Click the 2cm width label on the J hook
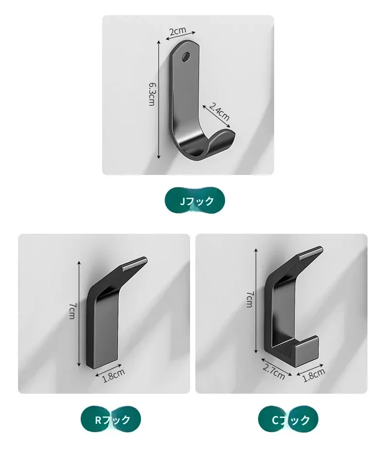pos(177,30)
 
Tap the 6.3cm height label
pos(152,94)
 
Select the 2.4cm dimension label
pos(219,111)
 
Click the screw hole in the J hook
pos(186,56)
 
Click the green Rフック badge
pos(111,420)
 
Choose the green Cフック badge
pos(288,420)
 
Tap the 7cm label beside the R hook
pos(72,311)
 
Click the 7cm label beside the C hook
pos(249,299)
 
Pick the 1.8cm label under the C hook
pos(314,375)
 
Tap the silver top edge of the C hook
pos(311,252)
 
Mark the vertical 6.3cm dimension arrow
pos(159,100)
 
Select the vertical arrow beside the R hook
pos(79,313)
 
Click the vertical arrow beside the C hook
pos(256,301)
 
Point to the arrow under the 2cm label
pos(181,35)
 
